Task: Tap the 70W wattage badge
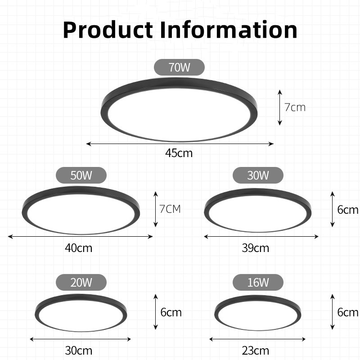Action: click(x=180, y=67)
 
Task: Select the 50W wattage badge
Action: click(x=81, y=175)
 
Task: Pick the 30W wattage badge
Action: click(x=258, y=175)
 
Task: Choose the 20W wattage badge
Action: click(x=81, y=283)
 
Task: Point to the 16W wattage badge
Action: click(x=258, y=283)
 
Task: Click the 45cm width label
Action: click(x=179, y=153)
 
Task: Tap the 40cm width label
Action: click(x=81, y=247)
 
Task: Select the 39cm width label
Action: click(x=256, y=247)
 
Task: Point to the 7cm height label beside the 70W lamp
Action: click(x=295, y=107)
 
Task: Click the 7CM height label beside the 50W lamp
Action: click(x=170, y=209)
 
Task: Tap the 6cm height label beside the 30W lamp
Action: click(x=348, y=209)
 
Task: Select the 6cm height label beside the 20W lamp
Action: click(x=171, y=312)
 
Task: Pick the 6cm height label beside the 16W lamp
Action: click(x=348, y=312)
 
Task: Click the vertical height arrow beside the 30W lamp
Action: click(x=333, y=209)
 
